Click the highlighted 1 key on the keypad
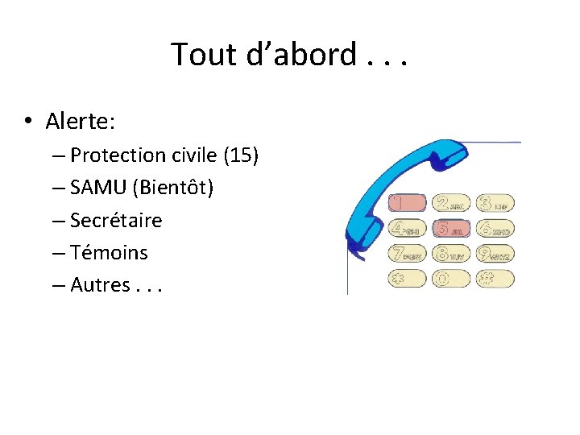[x=407, y=203]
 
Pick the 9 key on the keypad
[x=495, y=255]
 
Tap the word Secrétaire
[x=116, y=220]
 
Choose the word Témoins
[x=109, y=252]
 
